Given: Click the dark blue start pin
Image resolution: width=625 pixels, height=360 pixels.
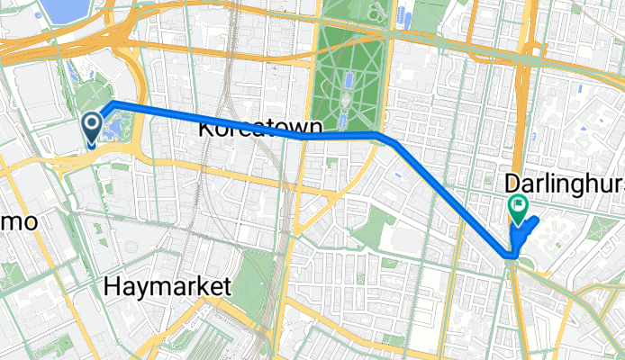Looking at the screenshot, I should [92, 127].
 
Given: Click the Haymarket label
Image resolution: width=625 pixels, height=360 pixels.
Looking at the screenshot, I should [168, 287].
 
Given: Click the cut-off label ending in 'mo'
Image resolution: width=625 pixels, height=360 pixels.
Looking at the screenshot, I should [18, 220].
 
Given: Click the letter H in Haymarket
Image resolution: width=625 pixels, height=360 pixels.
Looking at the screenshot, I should [112, 287].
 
